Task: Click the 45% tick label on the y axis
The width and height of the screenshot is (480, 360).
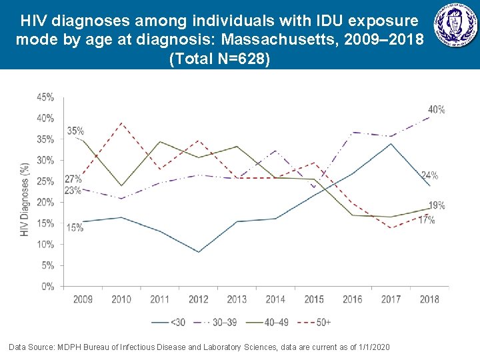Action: [46, 97]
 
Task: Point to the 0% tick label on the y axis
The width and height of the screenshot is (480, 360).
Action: [48, 287]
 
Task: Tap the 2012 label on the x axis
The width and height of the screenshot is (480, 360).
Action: [199, 299]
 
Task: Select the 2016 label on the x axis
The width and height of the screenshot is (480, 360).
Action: [353, 299]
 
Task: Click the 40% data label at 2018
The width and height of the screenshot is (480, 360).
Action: [437, 109]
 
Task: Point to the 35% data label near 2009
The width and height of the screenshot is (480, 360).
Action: [75, 131]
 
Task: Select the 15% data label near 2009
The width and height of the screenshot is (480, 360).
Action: [75, 227]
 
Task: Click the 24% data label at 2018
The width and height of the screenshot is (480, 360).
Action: [429, 176]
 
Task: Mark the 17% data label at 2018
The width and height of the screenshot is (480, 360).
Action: [427, 219]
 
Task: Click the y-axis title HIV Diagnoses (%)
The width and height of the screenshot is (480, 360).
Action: [25, 198]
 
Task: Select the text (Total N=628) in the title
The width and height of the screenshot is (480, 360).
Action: [220, 59]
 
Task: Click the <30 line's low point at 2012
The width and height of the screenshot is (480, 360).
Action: [199, 252]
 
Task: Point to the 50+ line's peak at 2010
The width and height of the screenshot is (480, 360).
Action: [121, 123]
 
